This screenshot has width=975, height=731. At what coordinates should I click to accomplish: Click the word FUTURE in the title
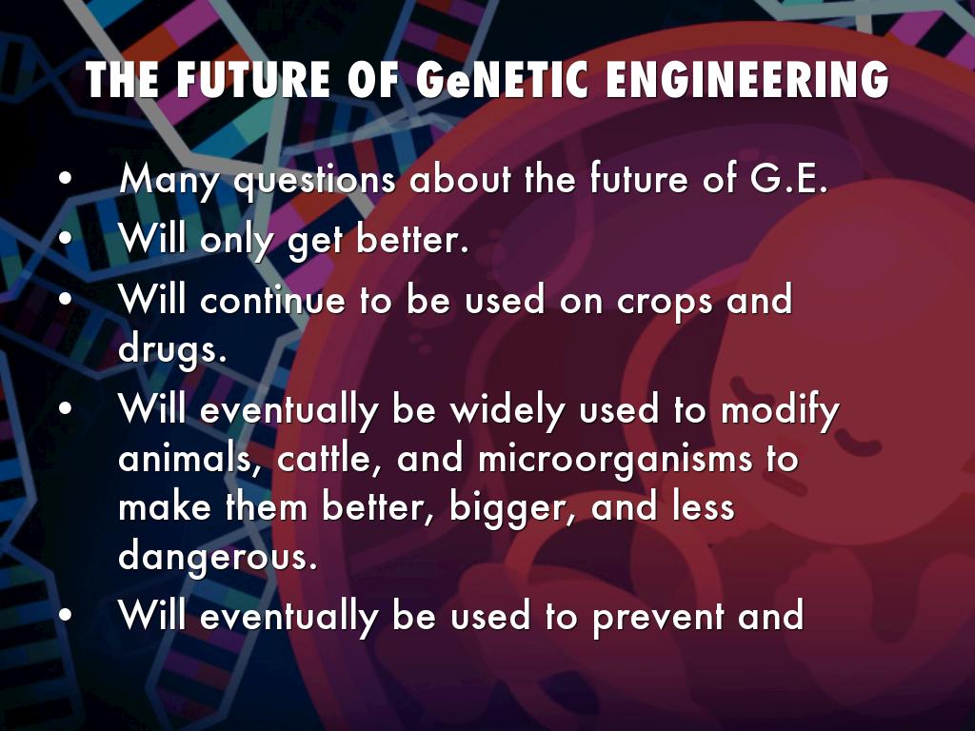(x=253, y=80)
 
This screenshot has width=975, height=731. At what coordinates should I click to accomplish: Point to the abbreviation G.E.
(x=789, y=178)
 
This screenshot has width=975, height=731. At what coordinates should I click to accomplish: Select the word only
(x=236, y=240)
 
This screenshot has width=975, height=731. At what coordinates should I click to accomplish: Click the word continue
(x=272, y=299)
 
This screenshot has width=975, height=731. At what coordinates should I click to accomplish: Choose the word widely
(x=507, y=411)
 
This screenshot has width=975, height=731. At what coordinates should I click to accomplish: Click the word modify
(x=780, y=411)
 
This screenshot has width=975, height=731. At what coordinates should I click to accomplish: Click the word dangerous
(x=218, y=556)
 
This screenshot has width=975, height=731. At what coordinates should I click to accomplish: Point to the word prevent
(x=657, y=618)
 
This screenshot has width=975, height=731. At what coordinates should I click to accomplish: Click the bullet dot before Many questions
(x=66, y=178)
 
